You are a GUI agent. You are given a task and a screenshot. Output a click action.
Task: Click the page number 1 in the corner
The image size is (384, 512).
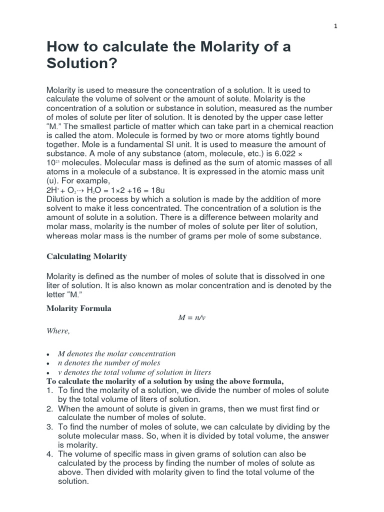(x=336, y=26)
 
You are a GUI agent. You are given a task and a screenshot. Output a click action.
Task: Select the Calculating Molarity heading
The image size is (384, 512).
(x=86, y=256)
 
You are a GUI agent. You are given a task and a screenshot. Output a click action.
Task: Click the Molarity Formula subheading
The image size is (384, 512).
(x=79, y=308)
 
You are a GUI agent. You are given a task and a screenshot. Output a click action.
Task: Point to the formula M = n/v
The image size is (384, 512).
(x=192, y=318)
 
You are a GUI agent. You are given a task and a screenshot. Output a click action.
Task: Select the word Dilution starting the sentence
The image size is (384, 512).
(x=62, y=199)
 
